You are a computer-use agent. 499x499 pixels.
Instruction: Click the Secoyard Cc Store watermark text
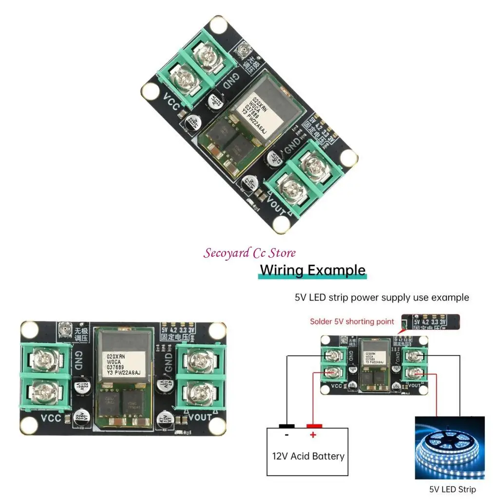click(x=249, y=253)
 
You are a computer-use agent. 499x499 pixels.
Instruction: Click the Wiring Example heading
click(x=312, y=270)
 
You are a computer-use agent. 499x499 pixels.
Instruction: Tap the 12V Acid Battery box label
click(x=308, y=457)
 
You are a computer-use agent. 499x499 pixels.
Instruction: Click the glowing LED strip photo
click(x=449, y=447)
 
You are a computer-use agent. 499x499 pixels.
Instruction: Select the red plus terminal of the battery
click(x=314, y=426)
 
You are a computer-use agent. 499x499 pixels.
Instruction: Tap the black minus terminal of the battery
click(x=287, y=426)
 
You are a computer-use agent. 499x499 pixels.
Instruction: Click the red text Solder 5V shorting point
click(x=352, y=322)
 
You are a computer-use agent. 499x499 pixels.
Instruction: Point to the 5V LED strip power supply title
click(x=382, y=297)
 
